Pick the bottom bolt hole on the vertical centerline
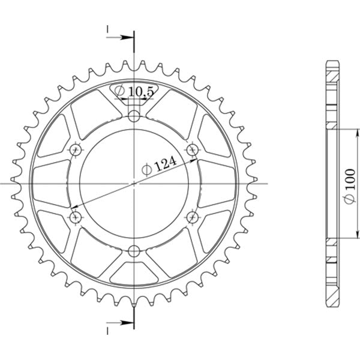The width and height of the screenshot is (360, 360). [x=134, y=251]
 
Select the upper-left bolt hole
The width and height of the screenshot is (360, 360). [x=75, y=148]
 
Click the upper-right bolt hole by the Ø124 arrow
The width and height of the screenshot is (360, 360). [x=193, y=148]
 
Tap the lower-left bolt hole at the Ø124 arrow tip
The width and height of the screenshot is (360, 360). [x=75, y=217]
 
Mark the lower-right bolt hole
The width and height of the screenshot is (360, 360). [x=193, y=217]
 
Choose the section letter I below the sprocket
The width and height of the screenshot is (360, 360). [x=107, y=331]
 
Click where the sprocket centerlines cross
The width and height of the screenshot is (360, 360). [x=134, y=182]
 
